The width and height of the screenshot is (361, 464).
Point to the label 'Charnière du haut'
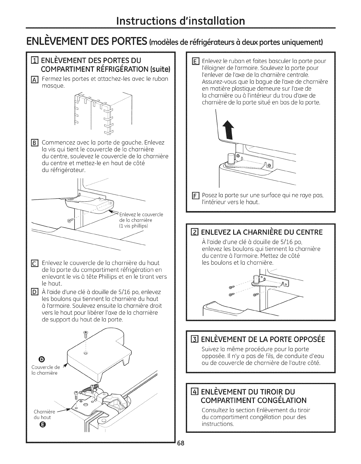point(42,414)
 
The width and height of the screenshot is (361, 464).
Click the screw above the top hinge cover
point(85,333)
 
